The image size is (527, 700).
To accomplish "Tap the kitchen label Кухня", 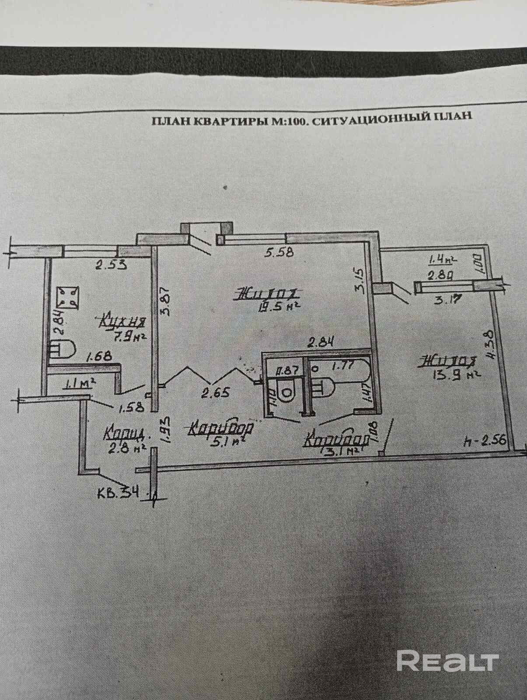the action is tap(123, 322).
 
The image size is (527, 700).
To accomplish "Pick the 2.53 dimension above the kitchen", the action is tap(111, 264).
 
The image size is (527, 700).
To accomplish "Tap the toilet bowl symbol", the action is tap(287, 390).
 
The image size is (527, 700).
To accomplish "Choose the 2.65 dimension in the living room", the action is tap(215, 392).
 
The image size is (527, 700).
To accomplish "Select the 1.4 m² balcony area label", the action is tap(442, 260).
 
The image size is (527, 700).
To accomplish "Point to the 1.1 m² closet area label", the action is tap(80, 384).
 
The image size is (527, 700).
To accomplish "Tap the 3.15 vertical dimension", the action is tap(359, 276).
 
